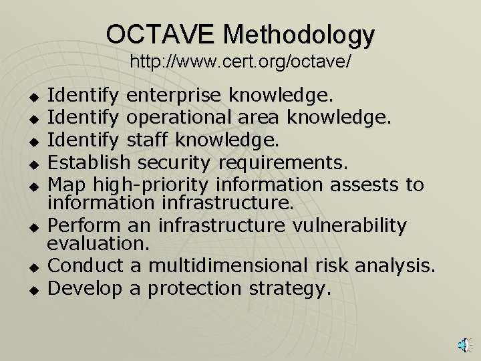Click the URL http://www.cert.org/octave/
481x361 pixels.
[x=240, y=62]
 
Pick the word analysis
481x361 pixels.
[x=393, y=267]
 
